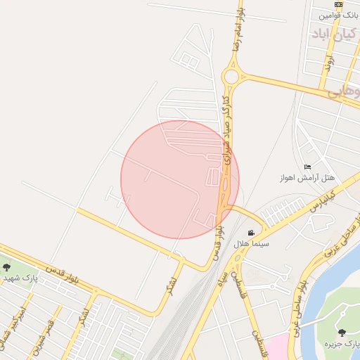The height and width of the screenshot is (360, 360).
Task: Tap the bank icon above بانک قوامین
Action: pos(339,4)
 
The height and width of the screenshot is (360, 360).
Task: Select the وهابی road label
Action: pos(344,91)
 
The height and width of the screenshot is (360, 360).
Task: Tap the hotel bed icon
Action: pos(307,167)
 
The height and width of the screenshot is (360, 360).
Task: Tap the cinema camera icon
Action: pos(251,233)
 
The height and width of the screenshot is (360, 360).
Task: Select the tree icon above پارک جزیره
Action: pos(342,332)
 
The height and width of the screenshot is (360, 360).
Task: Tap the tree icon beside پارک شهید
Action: pos(6,267)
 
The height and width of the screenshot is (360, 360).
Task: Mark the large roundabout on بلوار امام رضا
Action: pos(231,75)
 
